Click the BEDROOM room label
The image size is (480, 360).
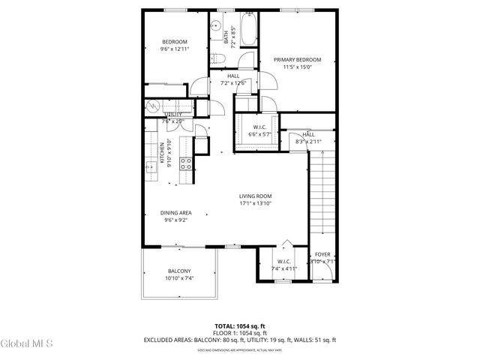174,42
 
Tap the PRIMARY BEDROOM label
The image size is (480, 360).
297,59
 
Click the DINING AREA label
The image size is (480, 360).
175,213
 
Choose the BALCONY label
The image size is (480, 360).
178,271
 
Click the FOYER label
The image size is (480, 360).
322,255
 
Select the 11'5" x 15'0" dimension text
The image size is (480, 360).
297,67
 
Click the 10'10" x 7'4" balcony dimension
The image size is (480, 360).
178,278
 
